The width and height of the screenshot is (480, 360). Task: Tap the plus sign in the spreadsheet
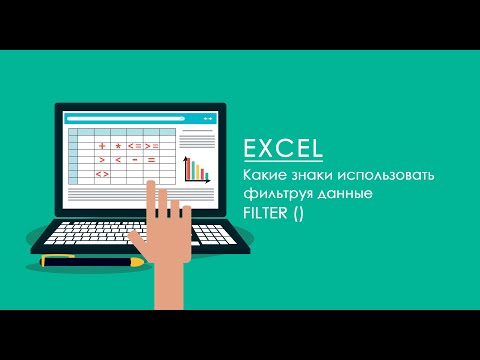point(102,146)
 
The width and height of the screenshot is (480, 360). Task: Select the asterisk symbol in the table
point(118,146)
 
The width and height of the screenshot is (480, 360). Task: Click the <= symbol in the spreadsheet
point(134,146)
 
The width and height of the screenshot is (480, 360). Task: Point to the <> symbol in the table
point(102,174)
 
